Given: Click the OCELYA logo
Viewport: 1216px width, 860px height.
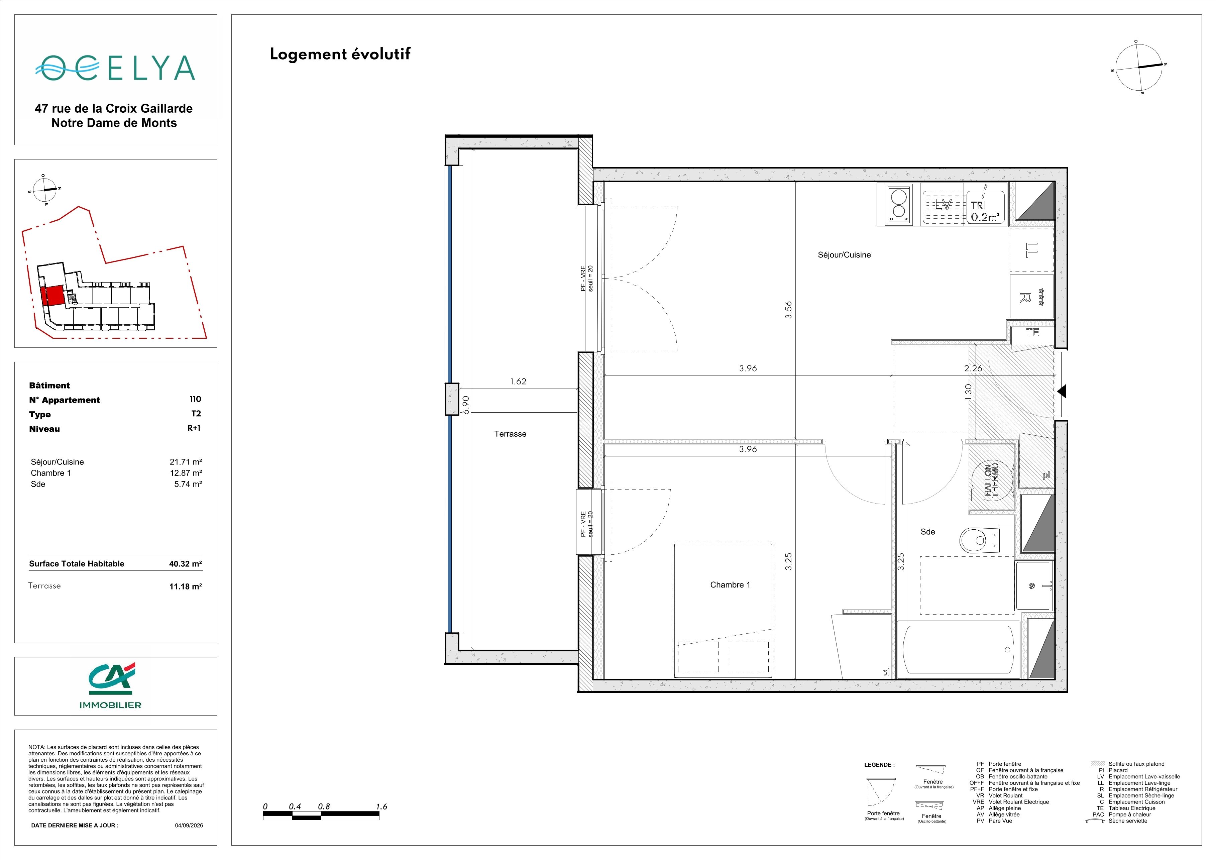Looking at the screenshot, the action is (115, 68).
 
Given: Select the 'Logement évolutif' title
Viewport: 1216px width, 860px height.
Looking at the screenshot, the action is (340, 55).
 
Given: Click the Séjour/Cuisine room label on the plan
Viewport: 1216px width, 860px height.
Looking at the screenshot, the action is (844, 255).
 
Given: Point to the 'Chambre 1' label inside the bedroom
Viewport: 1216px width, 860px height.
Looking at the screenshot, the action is (730, 584).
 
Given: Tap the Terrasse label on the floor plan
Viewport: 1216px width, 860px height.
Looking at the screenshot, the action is (510, 434).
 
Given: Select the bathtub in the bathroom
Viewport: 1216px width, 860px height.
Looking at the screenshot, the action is (958, 649).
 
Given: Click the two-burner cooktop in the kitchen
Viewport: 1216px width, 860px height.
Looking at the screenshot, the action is (894, 205).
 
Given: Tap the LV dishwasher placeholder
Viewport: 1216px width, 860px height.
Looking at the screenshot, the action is (943, 205).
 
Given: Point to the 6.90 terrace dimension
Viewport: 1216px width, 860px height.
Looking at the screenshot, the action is (466, 405).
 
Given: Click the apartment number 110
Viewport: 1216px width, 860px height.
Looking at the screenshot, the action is (195, 399).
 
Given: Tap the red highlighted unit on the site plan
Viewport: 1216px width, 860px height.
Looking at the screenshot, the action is (52, 296).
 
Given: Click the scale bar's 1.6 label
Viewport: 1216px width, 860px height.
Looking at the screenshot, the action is (381, 807).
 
